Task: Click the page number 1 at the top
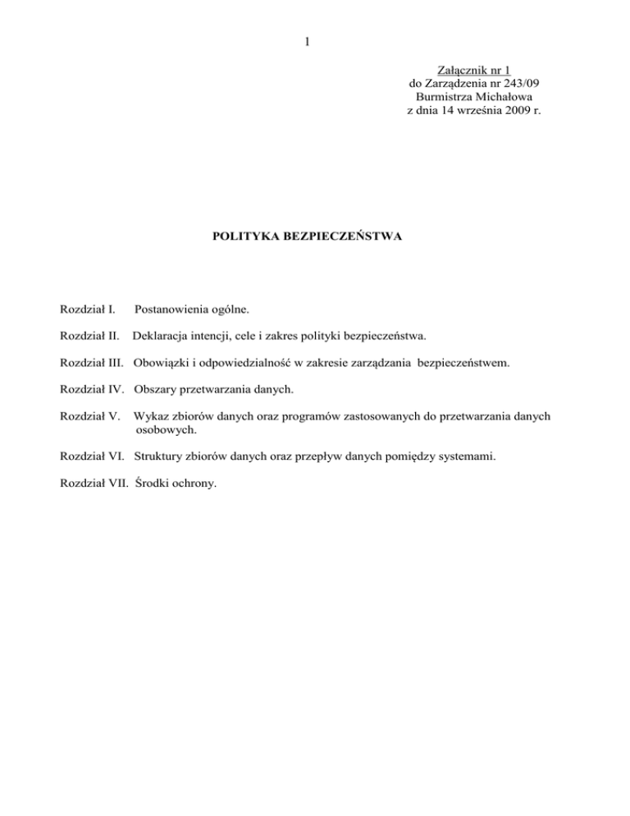pyautogui.click(x=307, y=42)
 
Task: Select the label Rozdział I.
pyautogui.click(x=88, y=310)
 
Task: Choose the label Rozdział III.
pyautogui.click(x=93, y=360)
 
